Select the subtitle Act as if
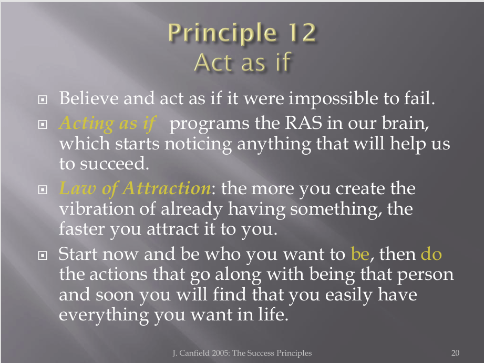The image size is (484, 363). click(243, 62)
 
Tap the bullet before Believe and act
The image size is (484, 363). click(43, 99)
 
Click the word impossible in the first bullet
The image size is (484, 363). click(333, 99)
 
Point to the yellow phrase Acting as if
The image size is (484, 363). click(107, 123)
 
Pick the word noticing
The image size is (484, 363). click(198, 144)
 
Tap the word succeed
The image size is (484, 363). click(115, 164)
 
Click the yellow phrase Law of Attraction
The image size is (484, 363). click(135, 188)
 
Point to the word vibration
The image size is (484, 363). click(97, 209)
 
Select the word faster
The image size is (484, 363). click(82, 229)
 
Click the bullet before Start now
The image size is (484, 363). click(43, 256)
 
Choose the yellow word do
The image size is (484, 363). click(431, 254)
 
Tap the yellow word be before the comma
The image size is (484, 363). click(360, 254)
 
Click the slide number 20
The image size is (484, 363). click(455, 353)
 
